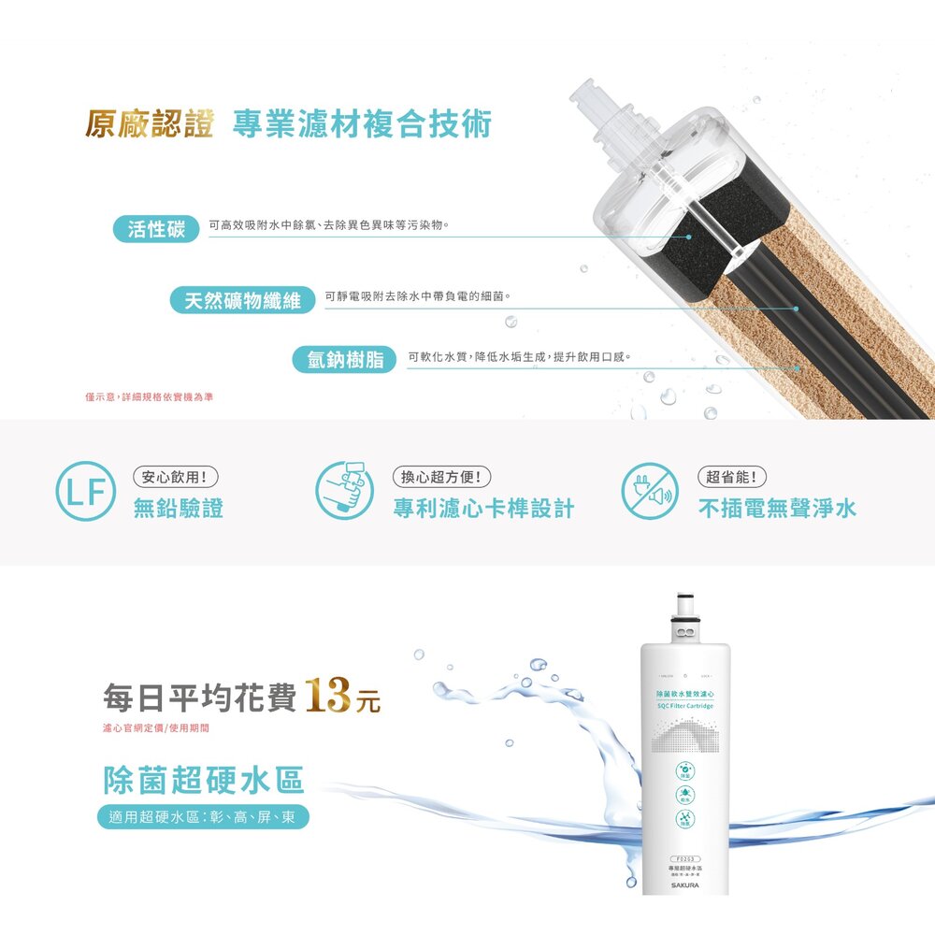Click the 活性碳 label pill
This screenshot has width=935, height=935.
click(x=157, y=229)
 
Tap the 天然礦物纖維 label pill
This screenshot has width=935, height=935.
click(x=243, y=301)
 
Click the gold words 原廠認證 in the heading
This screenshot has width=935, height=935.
click(x=150, y=124)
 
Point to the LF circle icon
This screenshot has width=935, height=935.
click(x=86, y=491)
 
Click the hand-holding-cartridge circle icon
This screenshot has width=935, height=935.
click(x=344, y=491)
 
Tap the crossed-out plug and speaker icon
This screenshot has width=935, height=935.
click(x=650, y=491)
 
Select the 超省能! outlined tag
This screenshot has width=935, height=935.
click(x=734, y=477)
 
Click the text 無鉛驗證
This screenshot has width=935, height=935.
click(x=179, y=509)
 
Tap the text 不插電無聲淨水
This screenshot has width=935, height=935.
click(x=777, y=509)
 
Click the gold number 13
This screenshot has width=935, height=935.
click(x=326, y=698)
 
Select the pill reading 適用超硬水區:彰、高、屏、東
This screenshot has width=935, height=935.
click(x=203, y=817)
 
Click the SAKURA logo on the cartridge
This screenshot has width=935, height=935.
click(x=685, y=884)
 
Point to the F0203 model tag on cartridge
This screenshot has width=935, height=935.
click(x=685, y=859)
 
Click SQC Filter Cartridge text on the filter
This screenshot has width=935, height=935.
click(x=685, y=706)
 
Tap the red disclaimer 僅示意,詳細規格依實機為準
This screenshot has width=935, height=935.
click(x=150, y=397)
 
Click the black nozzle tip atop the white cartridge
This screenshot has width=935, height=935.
click(x=685, y=596)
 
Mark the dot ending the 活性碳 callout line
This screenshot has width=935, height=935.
click(x=689, y=237)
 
